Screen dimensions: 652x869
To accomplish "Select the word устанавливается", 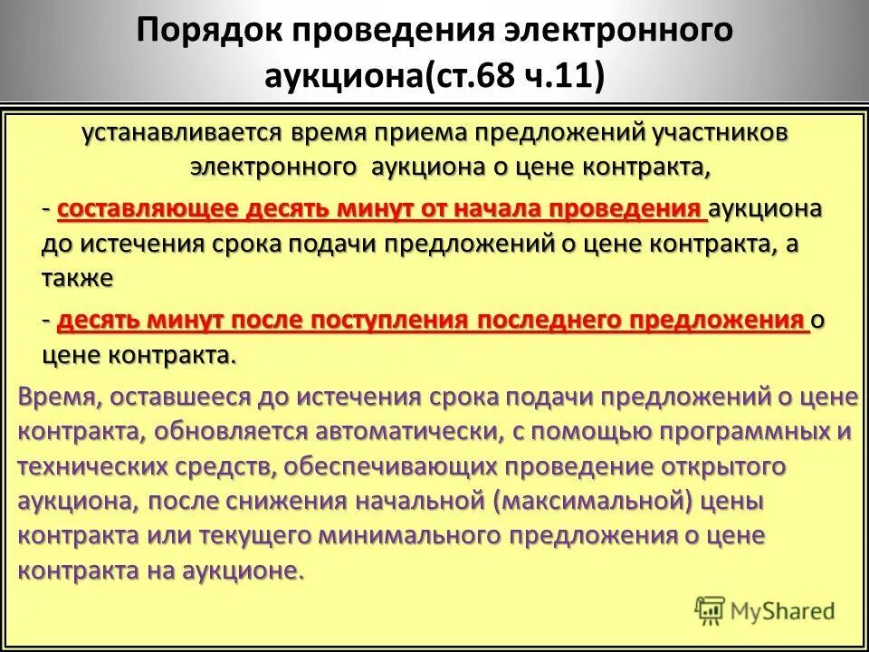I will [x=181, y=133].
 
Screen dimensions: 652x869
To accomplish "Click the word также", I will [x=77, y=278].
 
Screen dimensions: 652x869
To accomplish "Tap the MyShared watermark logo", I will [x=765, y=610].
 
